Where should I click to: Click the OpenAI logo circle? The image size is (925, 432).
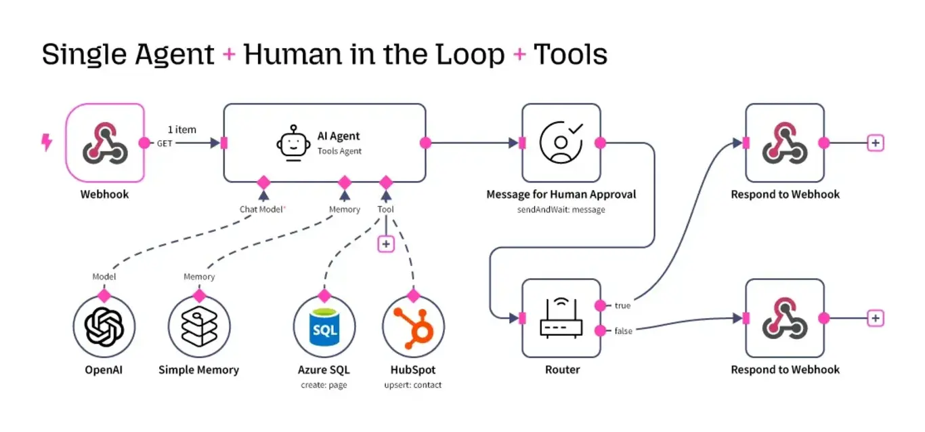point(104,326)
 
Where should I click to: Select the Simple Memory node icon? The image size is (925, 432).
point(199,326)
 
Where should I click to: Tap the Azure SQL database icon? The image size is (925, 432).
point(324,326)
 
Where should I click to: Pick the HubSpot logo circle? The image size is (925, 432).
point(413,326)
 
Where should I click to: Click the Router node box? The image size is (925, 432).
point(561,318)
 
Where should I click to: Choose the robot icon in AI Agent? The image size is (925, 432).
point(293,142)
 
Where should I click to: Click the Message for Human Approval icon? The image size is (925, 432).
point(561,142)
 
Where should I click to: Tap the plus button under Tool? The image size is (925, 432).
point(386,243)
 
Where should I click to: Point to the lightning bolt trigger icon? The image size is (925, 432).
point(47,142)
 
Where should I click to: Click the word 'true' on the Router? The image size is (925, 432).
point(622,306)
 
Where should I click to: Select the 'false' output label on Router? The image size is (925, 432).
point(623,330)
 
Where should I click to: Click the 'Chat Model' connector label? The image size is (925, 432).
point(261,210)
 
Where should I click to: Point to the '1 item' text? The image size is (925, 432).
point(182,130)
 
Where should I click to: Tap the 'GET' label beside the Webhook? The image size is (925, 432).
point(165,144)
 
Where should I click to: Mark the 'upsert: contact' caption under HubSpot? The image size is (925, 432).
point(413,385)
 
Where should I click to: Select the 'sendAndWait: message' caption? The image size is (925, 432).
point(561,210)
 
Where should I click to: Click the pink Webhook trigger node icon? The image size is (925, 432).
point(105,142)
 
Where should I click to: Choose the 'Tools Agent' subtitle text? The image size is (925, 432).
point(339,151)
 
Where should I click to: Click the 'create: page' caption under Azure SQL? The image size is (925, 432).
point(324,385)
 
